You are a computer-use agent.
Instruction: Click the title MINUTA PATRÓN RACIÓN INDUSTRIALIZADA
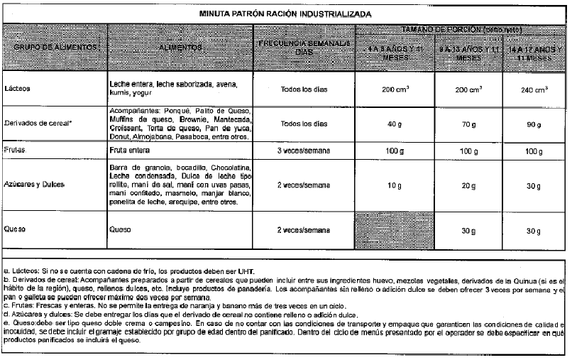286,14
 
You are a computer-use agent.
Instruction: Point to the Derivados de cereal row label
33,124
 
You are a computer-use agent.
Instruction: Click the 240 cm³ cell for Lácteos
535,90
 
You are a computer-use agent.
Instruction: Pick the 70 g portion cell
468,124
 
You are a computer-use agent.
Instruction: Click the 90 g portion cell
534,124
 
